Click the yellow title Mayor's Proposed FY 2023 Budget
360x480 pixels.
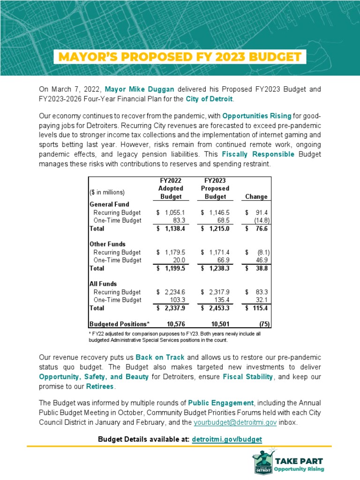tap(180, 57)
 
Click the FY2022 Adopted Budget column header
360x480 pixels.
tap(170, 188)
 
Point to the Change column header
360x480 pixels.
tap(256, 196)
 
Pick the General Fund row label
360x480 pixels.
tap(109, 204)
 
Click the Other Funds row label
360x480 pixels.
tap(108, 244)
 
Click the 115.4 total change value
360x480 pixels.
tap(259, 308)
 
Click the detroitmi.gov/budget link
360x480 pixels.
tap(227, 439)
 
